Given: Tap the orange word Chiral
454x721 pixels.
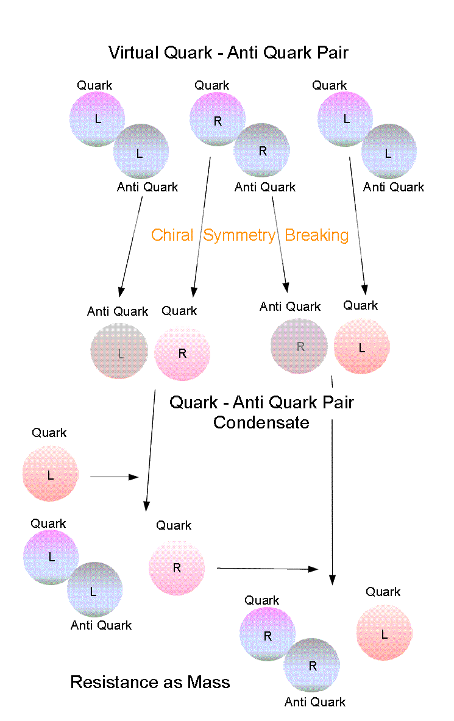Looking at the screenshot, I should tap(172, 235).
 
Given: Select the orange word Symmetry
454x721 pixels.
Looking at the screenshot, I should tap(239, 235).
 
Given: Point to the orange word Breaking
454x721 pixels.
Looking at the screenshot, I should tap(317, 235).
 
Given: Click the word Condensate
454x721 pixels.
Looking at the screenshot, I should tap(261, 422).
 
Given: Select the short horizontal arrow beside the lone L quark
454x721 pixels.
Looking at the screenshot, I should tap(115, 477).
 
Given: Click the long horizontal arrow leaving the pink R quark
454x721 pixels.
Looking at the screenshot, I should tap(268, 569).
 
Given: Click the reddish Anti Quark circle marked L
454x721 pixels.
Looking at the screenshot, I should tap(119, 352).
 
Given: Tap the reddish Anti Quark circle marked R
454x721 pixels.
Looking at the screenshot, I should tap(299, 346).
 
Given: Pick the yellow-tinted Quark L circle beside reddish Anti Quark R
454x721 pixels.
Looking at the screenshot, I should tap(362, 347).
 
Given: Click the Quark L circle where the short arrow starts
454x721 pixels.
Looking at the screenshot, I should tap(51, 475).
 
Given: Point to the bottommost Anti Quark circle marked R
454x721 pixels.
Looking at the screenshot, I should tap(311, 666).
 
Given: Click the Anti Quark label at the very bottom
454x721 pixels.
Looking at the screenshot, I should tap(315, 702).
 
